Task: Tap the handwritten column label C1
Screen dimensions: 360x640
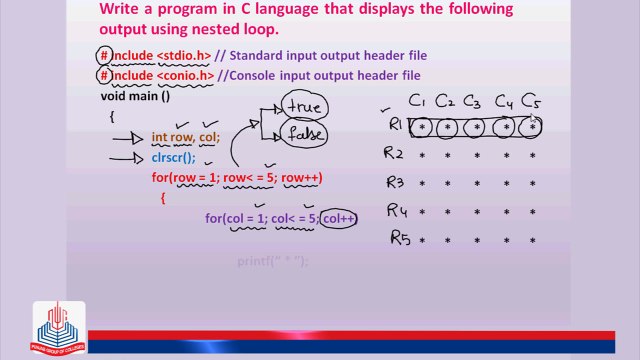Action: (x=418, y=101)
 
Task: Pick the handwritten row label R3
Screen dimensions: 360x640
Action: (x=394, y=183)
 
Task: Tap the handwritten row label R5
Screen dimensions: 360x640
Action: (x=399, y=238)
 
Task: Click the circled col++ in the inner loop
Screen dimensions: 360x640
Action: (x=338, y=217)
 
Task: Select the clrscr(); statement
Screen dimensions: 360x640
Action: (x=174, y=157)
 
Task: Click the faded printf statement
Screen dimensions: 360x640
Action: (x=272, y=261)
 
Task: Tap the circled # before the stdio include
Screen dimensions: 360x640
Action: (x=104, y=55)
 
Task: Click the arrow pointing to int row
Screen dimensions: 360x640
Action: (x=127, y=138)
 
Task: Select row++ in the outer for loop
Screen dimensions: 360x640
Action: (x=300, y=178)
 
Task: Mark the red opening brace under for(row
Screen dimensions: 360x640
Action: (x=163, y=198)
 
